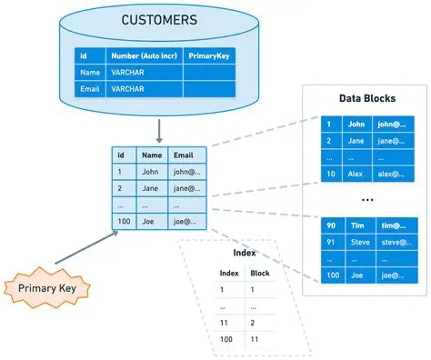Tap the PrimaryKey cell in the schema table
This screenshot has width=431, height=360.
(x=210, y=55)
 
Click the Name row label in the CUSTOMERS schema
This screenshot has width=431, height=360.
(x=89, y=73)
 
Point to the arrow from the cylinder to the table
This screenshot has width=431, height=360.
(x=159, y=129)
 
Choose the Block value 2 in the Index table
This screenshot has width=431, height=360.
(x=253, y=322)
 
